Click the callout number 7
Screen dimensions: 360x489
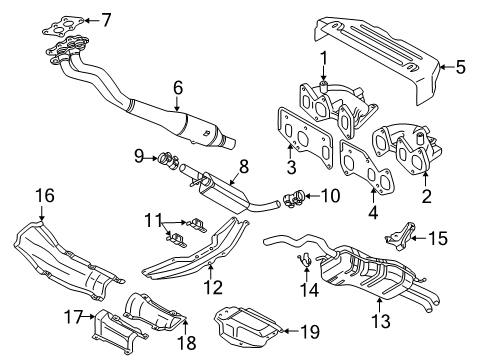coord(107,18)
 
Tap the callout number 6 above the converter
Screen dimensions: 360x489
coord(177,88)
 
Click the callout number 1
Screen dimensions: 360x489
coord(324,57)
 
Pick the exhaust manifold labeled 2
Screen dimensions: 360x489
coord(410,150)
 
